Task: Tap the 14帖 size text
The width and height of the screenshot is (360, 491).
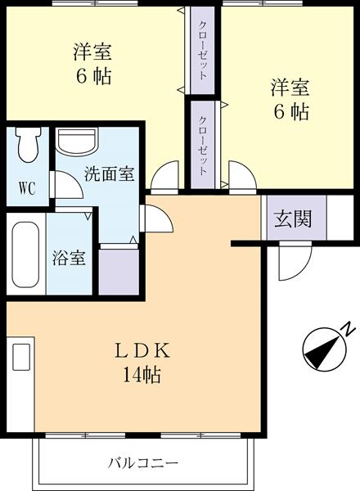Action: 141,376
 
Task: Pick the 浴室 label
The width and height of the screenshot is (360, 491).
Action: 70,256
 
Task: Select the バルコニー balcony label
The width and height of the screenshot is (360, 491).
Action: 143,463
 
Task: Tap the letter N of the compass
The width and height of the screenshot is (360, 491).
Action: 347,330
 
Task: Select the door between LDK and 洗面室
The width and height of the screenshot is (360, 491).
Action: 155,218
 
